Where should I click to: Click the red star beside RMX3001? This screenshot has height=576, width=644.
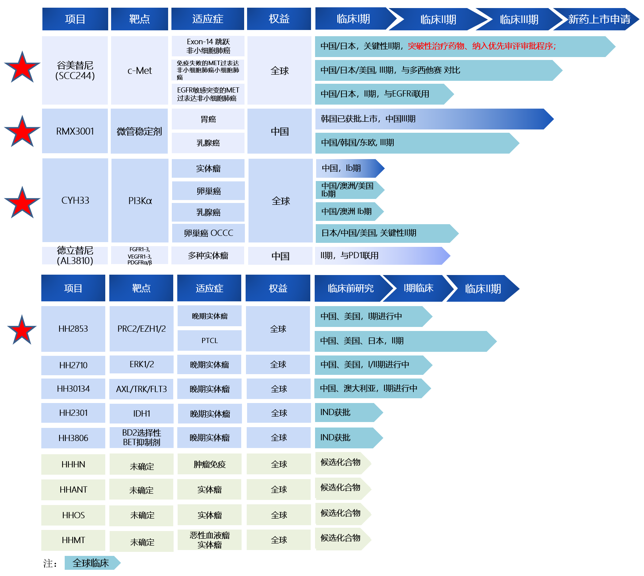pyautogui.click(x=22, y=132)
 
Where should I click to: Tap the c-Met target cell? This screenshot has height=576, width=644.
pyautogui.click(x=139, y=71)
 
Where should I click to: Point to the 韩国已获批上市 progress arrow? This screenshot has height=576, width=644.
pyautogui.click(x=431, y=119)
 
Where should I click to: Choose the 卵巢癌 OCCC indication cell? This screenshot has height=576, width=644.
pyautogui.click(x=208, y=233)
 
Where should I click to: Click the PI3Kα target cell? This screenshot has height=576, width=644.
pyautogui.click(x=140, y=200)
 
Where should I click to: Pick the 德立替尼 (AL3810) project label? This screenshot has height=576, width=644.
pyautogui.click(x=75, y=255)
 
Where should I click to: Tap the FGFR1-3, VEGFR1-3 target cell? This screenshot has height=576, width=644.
pyautogui.click(x=139, y=256)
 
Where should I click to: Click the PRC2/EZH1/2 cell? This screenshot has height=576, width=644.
pyautogui.click(x=141, y=329)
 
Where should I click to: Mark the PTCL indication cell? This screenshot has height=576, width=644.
pyautogui.click(x=209, y=340)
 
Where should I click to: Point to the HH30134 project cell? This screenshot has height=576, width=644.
pyautogui.click(x=73, y=389)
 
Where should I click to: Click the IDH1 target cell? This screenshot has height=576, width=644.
pyautogui.click(x=141, y=413)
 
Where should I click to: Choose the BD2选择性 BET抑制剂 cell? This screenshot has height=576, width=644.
pyautogui.click(x=141, y=437)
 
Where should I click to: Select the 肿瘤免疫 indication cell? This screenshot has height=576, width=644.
pyautogui.click(x=209, y=464)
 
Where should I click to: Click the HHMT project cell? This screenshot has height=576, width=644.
pyautogui.click(x=73, y=540)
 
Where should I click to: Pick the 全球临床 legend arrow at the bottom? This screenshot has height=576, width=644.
pyautogui.click(x=91, y=563)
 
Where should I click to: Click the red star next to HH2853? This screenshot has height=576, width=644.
pyautogui.click(x=22, y=330)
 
